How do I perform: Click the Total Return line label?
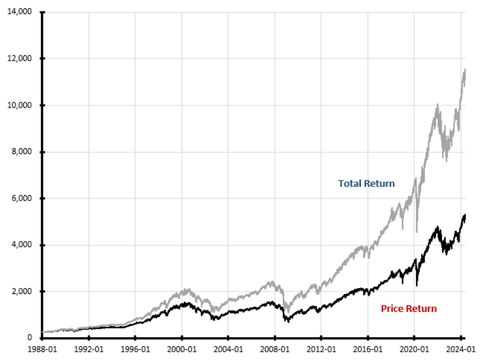click(x=366, y=183)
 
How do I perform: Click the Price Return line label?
click(x=408, y=308)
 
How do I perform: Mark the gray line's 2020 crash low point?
click(x=417, y=231)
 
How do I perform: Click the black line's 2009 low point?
click(x=288, y=322)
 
